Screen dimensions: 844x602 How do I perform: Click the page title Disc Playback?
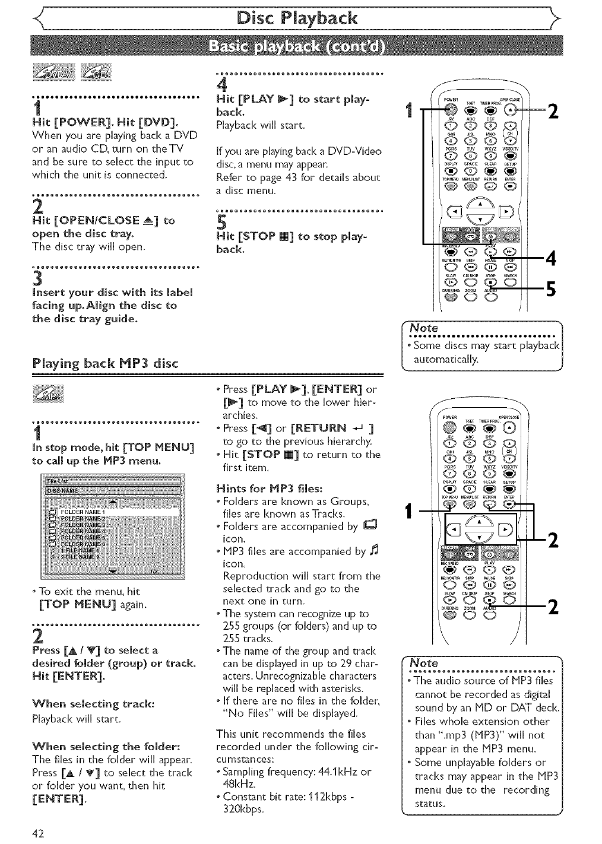pyautogui.click(x=300, y=17)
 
